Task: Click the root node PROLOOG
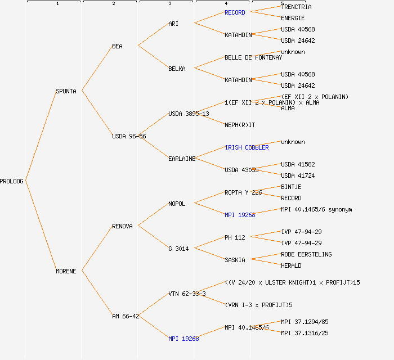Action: click(x=12, y=181)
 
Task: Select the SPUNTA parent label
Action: click(x=66, y=91)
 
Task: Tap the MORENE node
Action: click(x=66, y=271)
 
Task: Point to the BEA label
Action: click(x=117, y=46)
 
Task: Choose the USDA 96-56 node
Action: click(x=129, y=136)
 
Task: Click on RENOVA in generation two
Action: click(x=122, y=226)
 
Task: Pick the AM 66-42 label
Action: click(x=126, y=316)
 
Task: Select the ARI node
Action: click(x=173, y=24)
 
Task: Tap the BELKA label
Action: click(x=177, y=69)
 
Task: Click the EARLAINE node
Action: click(x=182, y=159)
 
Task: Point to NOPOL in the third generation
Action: click(x=177, y=204)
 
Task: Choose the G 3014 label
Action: click(x=178, y=249)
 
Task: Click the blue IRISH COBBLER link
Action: click(x=247, y=147)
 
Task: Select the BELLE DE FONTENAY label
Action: click(x=253, y=57)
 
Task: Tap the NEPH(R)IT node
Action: click(x=240, y=125)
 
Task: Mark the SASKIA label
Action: click(x=235, y=260)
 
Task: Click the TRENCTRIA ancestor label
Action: click(x=296, y=7)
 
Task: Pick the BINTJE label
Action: click(x=291, y=187)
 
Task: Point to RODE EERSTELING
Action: click(x=306, y=254)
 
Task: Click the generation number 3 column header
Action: click(x=169, y=4)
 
